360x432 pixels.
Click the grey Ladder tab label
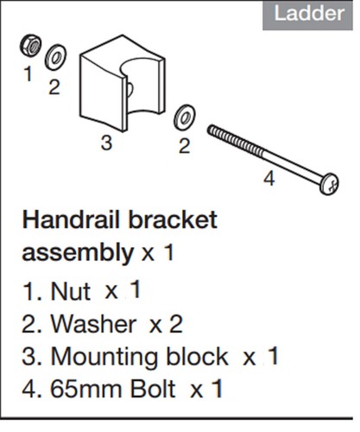click(307, 15)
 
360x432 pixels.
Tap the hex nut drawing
click(30, 46)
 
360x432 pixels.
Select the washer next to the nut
click(55, 57)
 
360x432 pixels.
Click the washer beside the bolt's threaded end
click(185, 117)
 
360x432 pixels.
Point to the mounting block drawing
click(123, 83)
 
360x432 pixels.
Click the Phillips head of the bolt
click(330, 184)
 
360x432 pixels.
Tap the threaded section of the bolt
click(235, 141)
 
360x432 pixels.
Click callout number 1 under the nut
click(28, 73)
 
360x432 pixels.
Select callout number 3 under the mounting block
click(106, 143)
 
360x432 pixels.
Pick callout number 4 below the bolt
click(269, 179)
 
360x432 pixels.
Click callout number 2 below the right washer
click(185, 146)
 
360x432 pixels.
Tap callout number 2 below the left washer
click(54, 87)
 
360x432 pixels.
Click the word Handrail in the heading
click(71, 220)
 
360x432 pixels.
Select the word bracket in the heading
click(173, 220)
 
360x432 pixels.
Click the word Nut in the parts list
click(71, 291)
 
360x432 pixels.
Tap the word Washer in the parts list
click(93, 324)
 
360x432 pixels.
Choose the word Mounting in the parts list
click(104, 358)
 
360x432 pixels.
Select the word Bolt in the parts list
click(153, 390)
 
